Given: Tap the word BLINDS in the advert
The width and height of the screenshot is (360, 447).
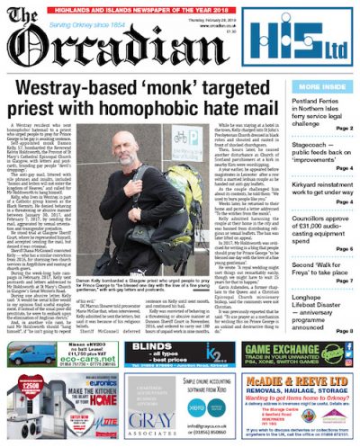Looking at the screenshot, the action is (x=154, y=346).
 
